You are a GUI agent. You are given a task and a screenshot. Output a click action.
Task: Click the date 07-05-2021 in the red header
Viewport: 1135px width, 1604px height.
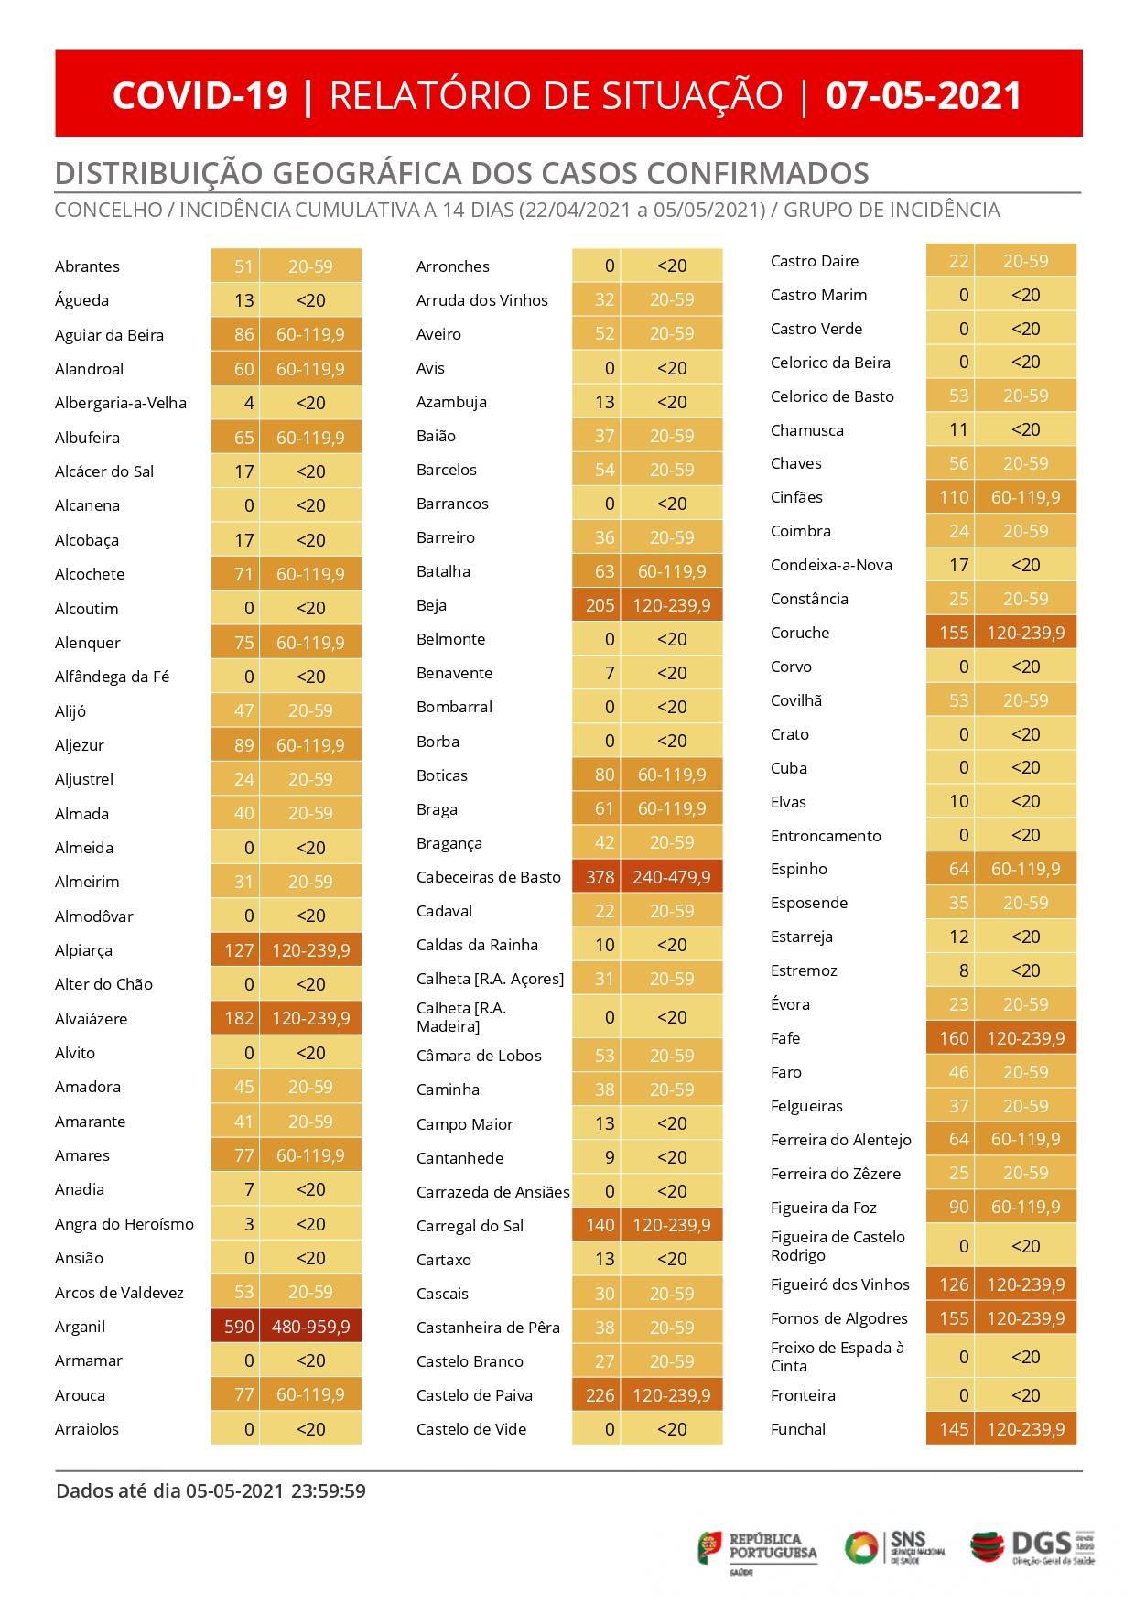[923, 95]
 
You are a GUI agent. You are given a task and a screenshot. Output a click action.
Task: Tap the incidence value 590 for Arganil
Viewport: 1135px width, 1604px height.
[239, 1327]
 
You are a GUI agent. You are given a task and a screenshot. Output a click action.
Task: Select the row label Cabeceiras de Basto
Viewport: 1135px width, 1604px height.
[488, 877]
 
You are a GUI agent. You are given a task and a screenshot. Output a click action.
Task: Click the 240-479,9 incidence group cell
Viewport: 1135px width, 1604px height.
[671, 877]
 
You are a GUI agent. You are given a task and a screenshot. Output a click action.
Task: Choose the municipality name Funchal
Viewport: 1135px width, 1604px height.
[798, 1429]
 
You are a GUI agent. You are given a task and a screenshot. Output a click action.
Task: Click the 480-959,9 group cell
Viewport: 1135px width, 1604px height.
[310, 1327]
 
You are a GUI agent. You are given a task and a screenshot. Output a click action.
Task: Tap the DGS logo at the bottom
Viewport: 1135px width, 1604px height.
[1032, 1546]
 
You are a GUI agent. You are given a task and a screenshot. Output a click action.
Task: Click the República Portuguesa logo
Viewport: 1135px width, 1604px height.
[758, 1548]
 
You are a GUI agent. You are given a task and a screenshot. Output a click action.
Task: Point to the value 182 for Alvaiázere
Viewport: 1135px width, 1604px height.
[239, 1018]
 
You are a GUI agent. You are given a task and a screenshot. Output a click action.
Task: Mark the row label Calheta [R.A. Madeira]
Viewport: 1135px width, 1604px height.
[461, 1017]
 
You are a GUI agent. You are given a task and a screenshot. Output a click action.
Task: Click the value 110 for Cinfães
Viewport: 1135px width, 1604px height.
[954, 497]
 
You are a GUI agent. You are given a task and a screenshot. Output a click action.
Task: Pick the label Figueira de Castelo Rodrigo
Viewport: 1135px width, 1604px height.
[838, 1246]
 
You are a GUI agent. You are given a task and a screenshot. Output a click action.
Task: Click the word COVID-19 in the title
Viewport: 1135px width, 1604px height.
[200, 95]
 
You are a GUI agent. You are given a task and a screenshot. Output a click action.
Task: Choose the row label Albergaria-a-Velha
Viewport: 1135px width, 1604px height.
[121, 403]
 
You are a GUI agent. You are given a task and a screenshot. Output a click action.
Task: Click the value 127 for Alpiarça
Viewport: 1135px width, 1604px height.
[239, 950]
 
